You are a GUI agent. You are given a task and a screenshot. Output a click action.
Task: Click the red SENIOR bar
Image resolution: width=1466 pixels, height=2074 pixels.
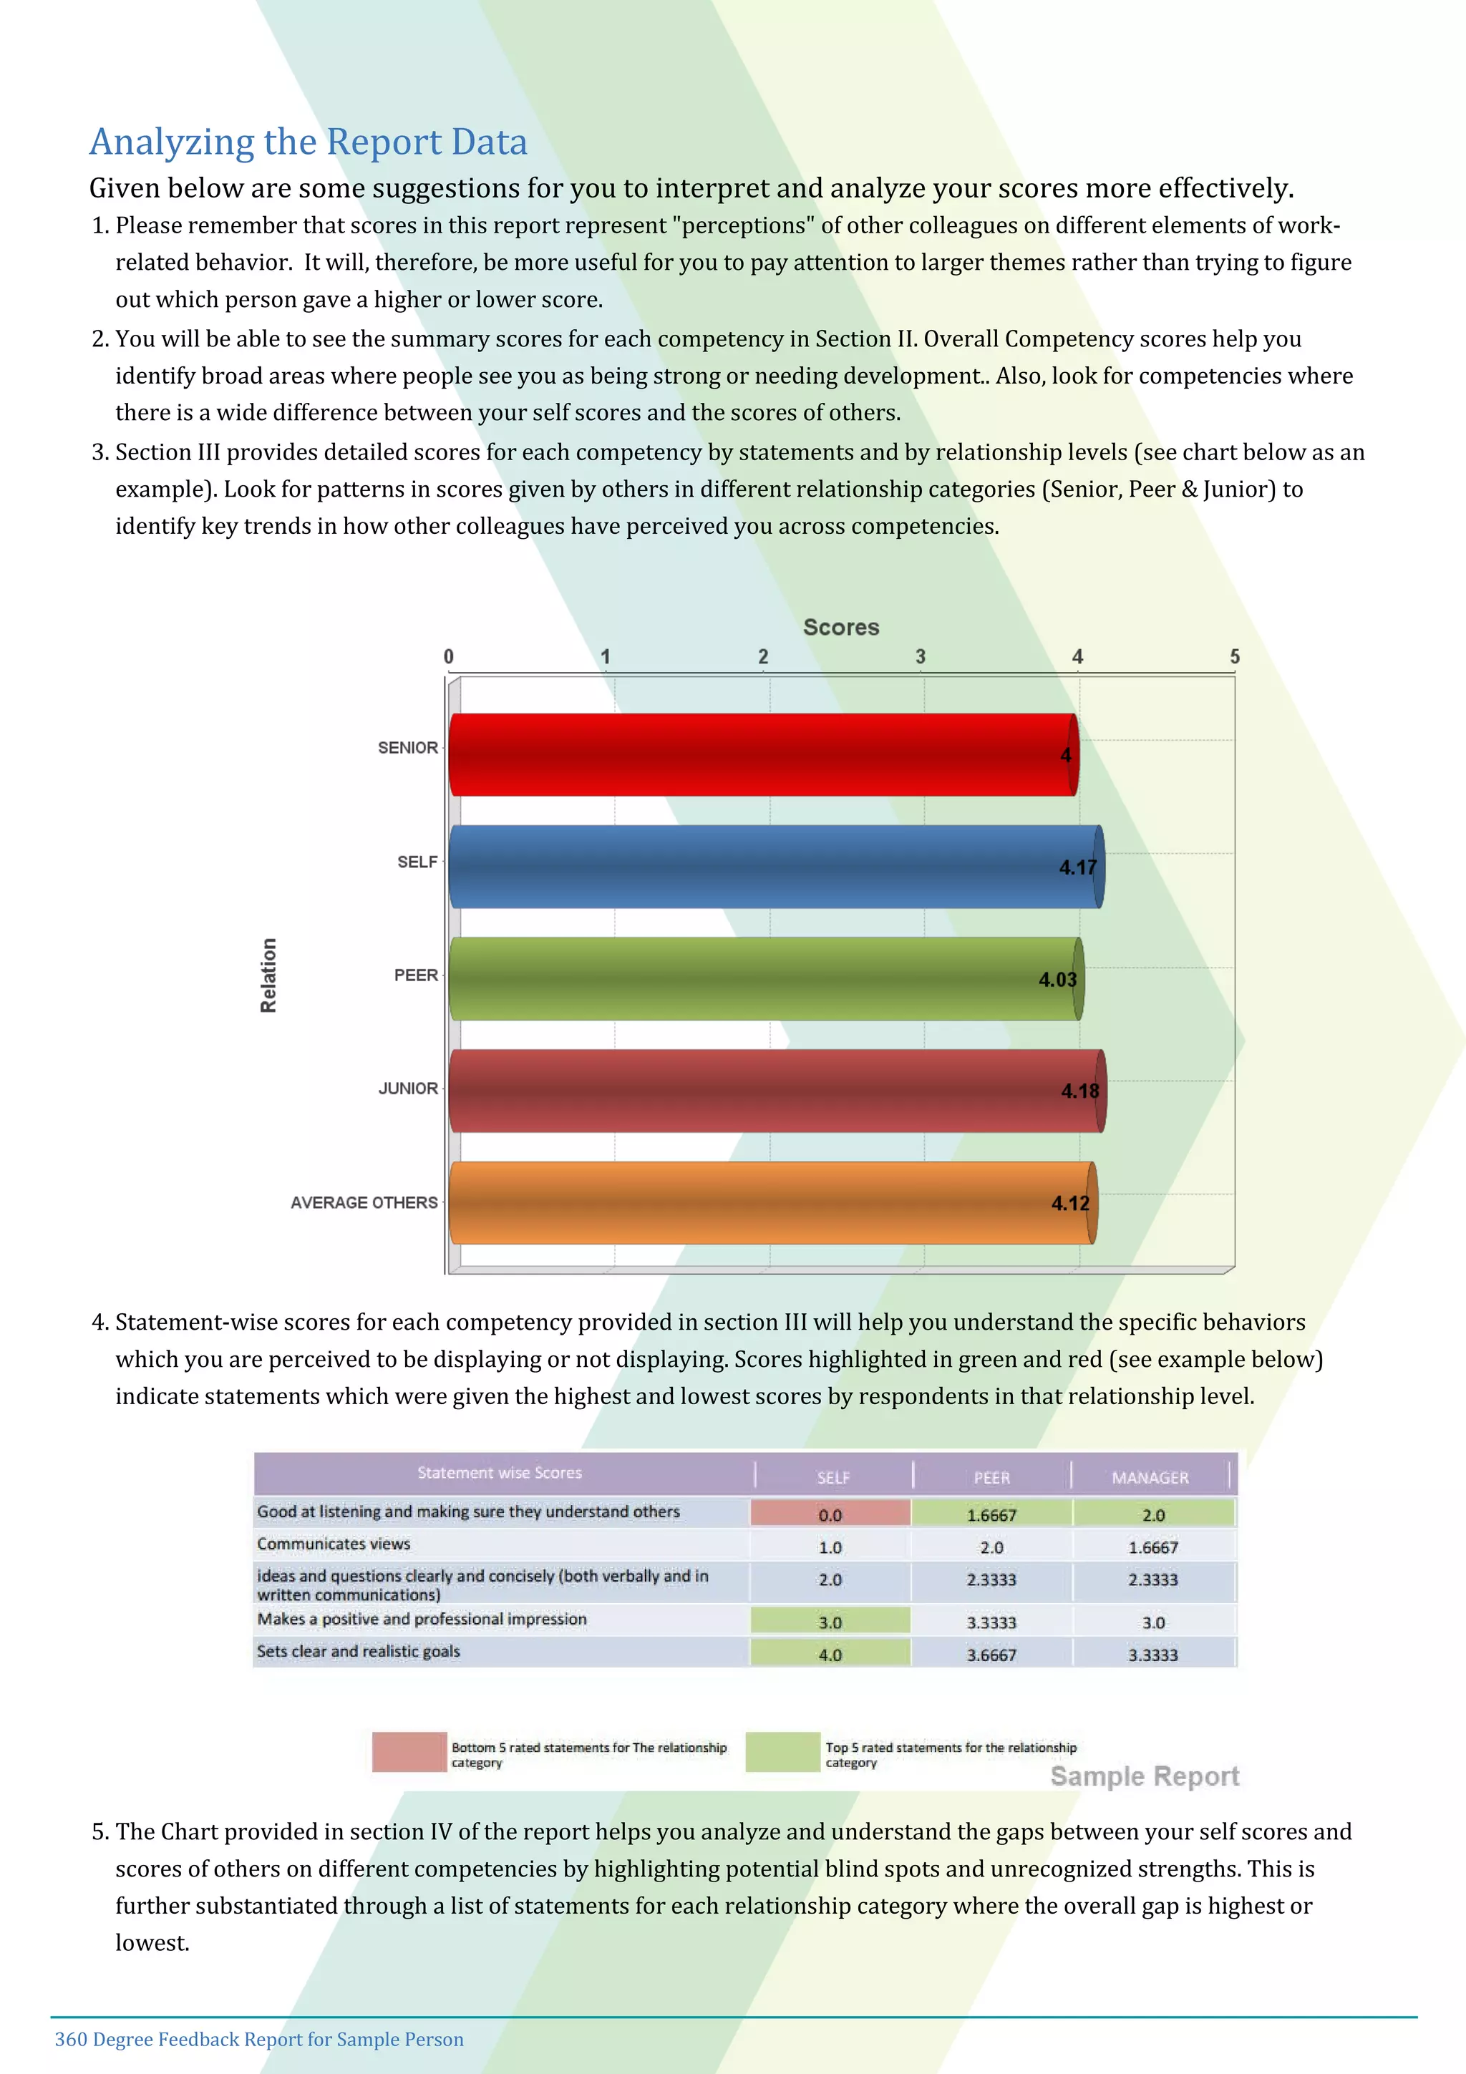763,754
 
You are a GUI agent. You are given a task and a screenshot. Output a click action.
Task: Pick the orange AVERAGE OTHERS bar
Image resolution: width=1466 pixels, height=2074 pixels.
772,1202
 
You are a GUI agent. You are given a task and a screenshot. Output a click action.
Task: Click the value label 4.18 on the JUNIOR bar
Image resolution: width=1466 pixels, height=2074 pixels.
1079,1091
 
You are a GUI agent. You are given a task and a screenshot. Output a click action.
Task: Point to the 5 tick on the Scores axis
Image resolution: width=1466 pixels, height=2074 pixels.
1234,657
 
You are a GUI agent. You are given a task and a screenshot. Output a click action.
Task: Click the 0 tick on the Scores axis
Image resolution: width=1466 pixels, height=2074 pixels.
449,657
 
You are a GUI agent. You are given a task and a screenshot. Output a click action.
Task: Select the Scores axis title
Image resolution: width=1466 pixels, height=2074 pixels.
841,627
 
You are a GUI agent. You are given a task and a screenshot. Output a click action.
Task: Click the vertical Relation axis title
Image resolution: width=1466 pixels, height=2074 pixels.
268,975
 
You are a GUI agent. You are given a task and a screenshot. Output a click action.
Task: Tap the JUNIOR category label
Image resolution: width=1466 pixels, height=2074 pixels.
407,1089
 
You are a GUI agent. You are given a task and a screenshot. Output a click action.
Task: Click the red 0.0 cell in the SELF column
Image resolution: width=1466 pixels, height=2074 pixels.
830,1515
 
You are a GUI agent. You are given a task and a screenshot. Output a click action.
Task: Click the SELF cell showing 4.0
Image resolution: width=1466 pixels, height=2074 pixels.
830,1655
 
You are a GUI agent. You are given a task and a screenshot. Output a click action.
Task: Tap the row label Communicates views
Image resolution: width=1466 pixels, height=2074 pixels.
334,1544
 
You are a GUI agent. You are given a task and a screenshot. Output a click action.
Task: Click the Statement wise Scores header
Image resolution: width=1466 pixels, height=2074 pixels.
500,1472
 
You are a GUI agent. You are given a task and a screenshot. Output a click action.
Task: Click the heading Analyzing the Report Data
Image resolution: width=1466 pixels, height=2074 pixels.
308,142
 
